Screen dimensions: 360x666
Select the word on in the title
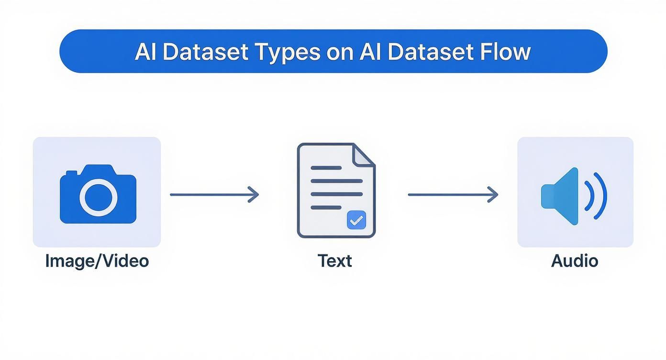click(x=340, y=52)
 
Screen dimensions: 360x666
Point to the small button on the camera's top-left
click(x=72, y=172)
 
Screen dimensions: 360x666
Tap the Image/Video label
click(x=97, y=261)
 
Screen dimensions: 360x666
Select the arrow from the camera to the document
click(x=214, y=195)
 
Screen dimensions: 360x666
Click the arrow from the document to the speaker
click(x=452, y=195)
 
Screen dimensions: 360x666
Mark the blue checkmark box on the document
click(x=356, y=220)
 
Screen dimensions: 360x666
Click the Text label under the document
click(x=334, y=261)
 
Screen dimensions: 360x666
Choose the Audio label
click(x=575, y=261)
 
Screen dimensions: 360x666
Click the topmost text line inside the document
click(x=326, y=168)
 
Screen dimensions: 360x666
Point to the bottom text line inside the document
click(x=326, y=207)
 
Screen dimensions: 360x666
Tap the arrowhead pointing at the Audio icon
click(x=493, y=195)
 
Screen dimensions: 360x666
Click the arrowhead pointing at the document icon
click(x=254, y=195)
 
